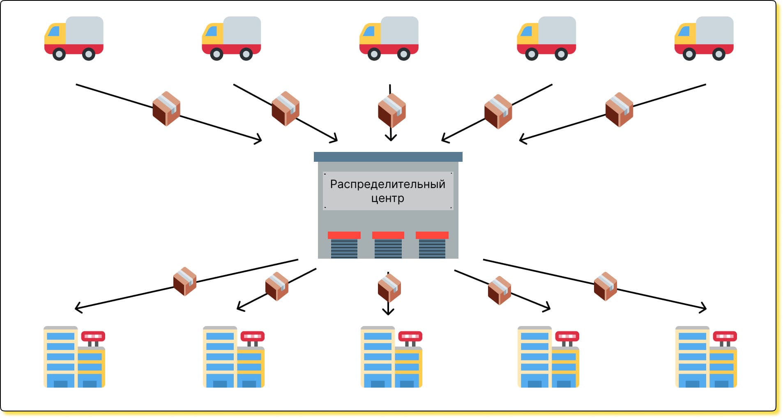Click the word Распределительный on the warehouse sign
387,184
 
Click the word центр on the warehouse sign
387,198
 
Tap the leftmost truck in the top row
74,38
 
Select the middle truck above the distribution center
389,38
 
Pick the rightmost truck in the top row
704,38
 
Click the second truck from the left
231,38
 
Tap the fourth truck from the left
546,38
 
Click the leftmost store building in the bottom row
74,357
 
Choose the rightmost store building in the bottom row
706,357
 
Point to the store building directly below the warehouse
391,357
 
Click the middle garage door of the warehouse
388,246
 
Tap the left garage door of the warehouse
344,246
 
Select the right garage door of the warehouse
432,246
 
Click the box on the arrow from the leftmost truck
166,108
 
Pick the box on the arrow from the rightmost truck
619,110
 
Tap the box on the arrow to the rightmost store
606,286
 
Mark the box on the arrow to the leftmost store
185,281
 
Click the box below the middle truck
391,110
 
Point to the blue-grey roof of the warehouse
388,157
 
